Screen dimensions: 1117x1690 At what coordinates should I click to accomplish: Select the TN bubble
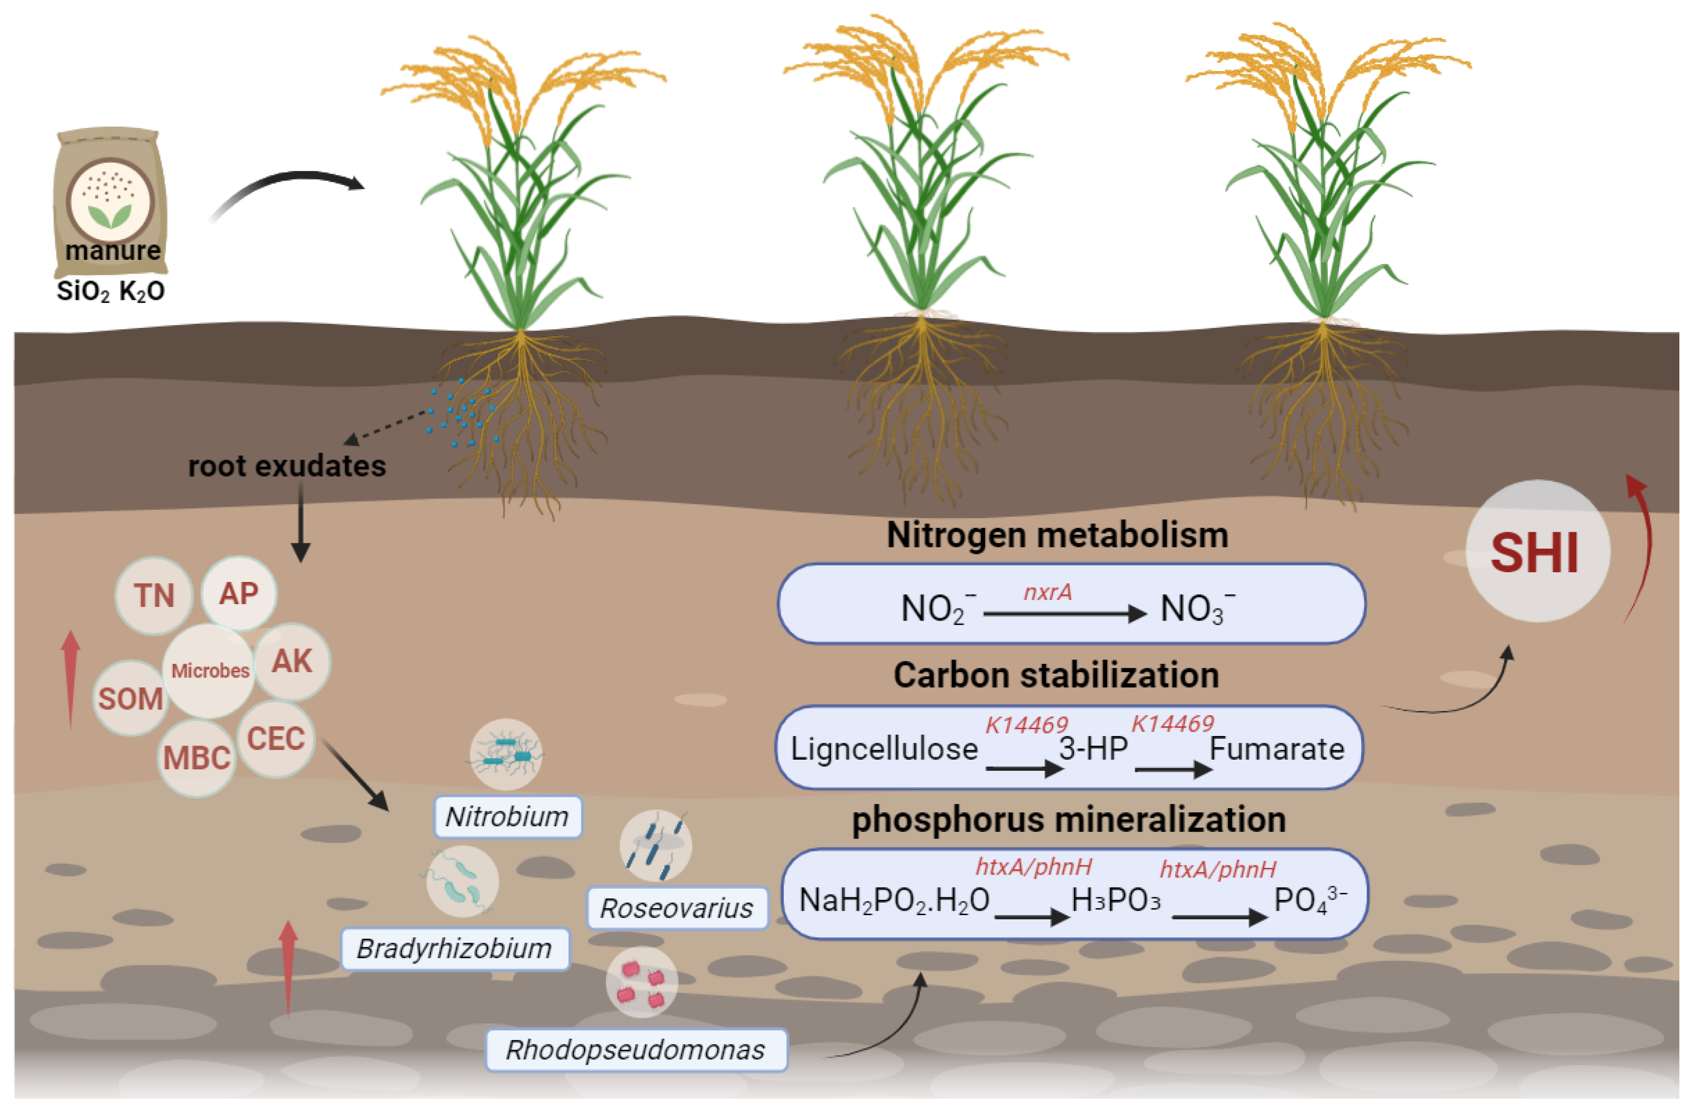tap(154, 595)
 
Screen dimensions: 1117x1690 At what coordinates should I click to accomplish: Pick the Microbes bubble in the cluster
tap(210, 670)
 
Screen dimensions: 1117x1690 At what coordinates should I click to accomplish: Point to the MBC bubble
tap(197, 757)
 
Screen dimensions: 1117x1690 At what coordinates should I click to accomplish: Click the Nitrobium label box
tap(507, 816)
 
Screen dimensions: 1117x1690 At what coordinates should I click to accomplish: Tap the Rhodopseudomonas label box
tap(635, 1049)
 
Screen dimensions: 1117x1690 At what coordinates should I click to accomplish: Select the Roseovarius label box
tap(676, 907)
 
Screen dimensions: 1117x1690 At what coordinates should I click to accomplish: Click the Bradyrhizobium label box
tap(454, 948)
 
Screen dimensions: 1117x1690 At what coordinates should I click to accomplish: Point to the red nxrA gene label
tap(1047, 592)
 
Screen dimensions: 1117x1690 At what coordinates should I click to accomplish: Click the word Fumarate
tap(1276, 749)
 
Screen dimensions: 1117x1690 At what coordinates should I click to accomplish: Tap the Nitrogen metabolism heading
tap(1057, 535)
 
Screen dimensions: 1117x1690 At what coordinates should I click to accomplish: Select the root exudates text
tap(286, 466)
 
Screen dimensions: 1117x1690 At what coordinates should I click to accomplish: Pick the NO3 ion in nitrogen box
tap(1197, 609)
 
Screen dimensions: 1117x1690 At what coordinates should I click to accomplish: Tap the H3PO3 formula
tap(1115, 901)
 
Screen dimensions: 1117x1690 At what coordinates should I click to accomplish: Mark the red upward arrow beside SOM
tap(70, 677)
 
